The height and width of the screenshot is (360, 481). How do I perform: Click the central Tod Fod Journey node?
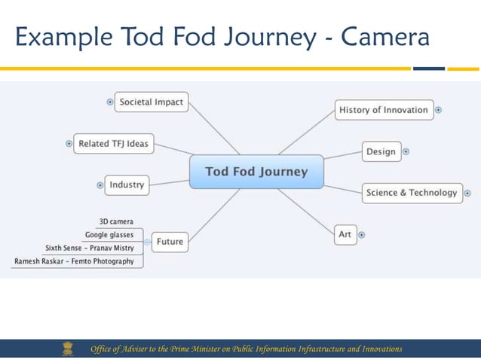pyautogui.click(x=256, y=172)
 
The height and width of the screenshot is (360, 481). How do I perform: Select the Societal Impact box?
pyautogui.click(x=151, y=102)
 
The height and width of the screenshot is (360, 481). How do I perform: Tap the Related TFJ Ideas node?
pyautogui.click(x=114, y=144)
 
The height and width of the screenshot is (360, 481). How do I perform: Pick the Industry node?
pyautogui.click(x=126, y=185)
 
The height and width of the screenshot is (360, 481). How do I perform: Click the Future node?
pyautogui.click(x=170, y=242)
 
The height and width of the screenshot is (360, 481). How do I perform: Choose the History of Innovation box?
pyautogui.click(x=383, y=110)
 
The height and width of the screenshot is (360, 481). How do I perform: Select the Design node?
pyautogui.click(x=381, y=151)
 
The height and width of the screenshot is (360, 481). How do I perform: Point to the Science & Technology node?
pyautogui.click(x=411, y=193)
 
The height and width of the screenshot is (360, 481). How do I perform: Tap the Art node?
pyautogui.click(x=345, y=234)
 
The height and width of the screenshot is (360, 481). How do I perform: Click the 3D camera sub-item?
pyautogui.click(x=116, y=221)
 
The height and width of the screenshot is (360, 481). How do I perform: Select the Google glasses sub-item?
pyautogui.click(x=109, y=235)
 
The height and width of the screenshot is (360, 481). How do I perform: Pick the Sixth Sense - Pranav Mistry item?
pyautogui.click(x=90, y=248)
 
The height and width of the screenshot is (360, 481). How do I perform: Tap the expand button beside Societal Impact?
pyautogui.click(x=110, y=102)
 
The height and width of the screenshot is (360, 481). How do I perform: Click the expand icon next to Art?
pyautogui.click(x=362, y=235)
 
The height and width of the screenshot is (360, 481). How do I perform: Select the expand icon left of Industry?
pyautogui.click(x=100, y=185)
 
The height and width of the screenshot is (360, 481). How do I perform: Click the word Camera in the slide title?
pyautogui.click(x=385, y=37)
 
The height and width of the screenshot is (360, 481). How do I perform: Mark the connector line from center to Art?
pyautogui.click(x=306, y=207)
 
